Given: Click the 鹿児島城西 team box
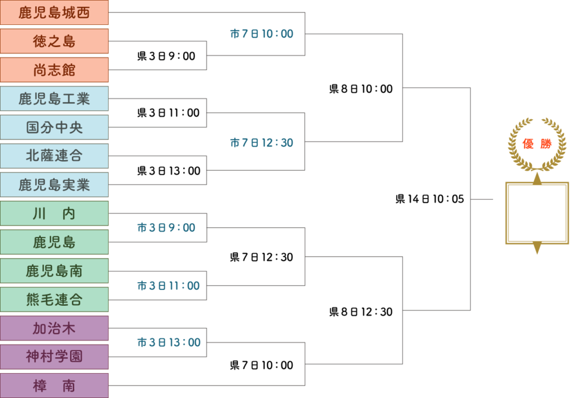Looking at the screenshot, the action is (54, 12).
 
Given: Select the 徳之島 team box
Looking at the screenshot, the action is (54, 41).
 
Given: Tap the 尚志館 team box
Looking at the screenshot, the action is (54, 70).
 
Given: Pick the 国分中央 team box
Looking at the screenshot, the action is (54, 127).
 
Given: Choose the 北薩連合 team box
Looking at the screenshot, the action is (54, 156).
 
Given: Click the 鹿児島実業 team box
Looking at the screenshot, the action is (54, 185).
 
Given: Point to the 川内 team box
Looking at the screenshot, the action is (54, 213).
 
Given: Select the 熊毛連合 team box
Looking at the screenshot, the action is (54, 300).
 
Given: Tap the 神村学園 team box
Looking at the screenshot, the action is (54, 357).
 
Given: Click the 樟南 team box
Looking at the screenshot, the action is (54, 386).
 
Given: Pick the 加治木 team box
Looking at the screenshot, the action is (54, 328).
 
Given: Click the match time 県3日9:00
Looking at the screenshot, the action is (166, 56).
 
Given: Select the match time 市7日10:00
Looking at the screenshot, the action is (262, 34).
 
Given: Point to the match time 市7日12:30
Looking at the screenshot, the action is (262, 142).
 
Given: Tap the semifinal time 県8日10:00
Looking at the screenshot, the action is (361, 89).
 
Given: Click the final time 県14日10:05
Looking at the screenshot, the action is (430, 199).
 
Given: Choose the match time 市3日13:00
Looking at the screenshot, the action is (168, 342).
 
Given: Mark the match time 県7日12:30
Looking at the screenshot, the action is (262, 257).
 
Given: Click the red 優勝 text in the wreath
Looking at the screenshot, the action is (537, 144).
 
